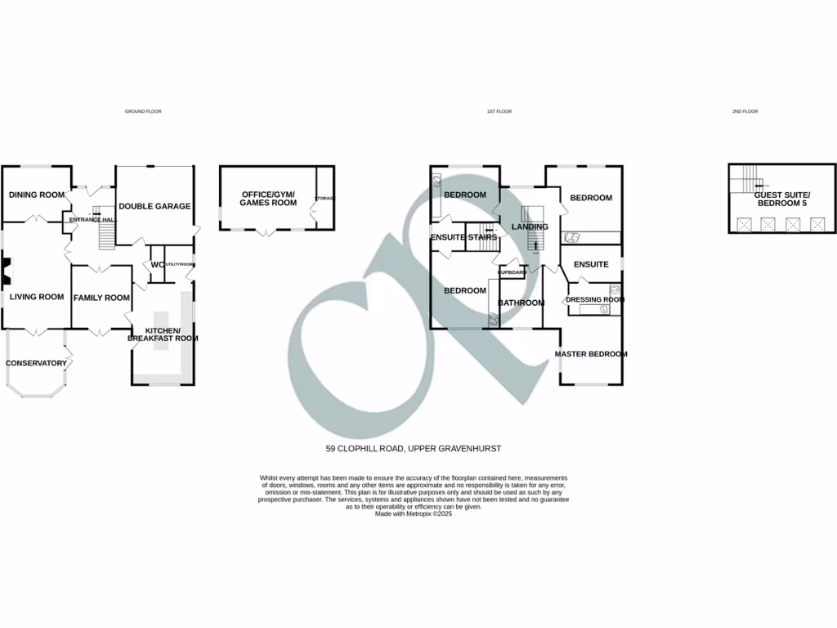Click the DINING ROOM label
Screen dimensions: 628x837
tap(37, 195)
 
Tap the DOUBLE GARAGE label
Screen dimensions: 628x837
tap(154, 206)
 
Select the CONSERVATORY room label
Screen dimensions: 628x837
tap(36, 363)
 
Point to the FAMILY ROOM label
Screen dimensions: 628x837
tap(101, 298)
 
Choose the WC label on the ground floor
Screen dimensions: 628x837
tap(155, 265)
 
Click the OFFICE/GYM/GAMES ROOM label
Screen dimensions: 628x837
tap(268, 198)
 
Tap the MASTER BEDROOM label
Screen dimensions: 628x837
tap(591, 354)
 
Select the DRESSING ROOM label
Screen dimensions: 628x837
tap(594, 299)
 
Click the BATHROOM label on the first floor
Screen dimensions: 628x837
tap(521, 303)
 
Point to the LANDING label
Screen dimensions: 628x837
tap(530, 227)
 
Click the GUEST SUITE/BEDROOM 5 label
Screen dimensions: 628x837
tap(780, 198)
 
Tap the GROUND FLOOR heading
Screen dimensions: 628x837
tap(143, 111)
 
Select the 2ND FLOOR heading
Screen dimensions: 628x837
tap(745, 111)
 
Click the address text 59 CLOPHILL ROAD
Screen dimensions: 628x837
tap(413, 448)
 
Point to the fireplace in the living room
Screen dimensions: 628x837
tap(7, 271)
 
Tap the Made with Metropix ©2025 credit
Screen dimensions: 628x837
tap(413, 514)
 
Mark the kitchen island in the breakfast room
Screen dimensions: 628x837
tap(160, 331)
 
